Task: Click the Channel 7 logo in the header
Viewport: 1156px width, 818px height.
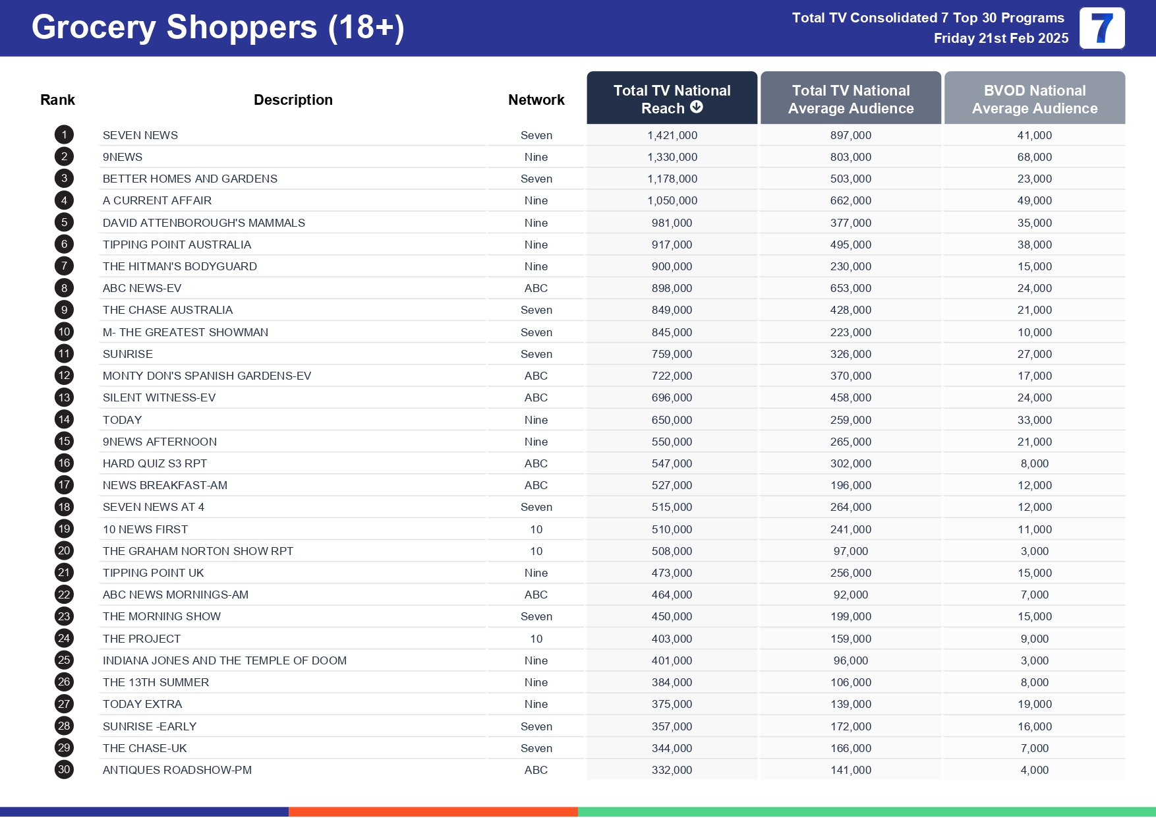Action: click(1101, 28)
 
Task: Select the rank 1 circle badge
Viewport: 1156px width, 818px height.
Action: click(64, 135)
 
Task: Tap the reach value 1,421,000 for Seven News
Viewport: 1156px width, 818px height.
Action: click(672, 135)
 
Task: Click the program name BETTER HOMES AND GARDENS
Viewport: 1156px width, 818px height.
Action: click(190, 179)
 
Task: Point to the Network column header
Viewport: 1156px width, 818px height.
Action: click(536, 100)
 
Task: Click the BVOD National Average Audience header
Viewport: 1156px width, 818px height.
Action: click(1034, 99)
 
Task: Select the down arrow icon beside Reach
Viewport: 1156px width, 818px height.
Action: click(697, 107)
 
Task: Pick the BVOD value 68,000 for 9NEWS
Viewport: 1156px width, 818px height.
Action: click(1034, 157)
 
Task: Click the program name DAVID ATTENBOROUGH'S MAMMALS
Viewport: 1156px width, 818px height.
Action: click(204, 223)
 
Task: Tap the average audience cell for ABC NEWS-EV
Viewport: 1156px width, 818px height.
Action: click(850, 288)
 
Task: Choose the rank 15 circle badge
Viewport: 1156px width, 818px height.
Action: click(64, 442)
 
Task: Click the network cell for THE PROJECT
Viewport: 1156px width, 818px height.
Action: click(536, 639)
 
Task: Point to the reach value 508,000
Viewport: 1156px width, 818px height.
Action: click(672, 551)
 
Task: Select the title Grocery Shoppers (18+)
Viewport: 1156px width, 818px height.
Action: click(217, 28)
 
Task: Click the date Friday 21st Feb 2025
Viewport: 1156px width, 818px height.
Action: click(1000, 38)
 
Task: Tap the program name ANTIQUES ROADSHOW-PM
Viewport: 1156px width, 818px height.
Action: click(177, 770)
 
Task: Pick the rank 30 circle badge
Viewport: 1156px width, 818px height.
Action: click(64, 770)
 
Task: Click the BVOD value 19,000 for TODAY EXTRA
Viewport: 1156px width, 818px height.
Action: click(1034, 704)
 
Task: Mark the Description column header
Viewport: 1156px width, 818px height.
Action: click(293, 100)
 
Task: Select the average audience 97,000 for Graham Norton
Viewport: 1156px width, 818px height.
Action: click(850, 551)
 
